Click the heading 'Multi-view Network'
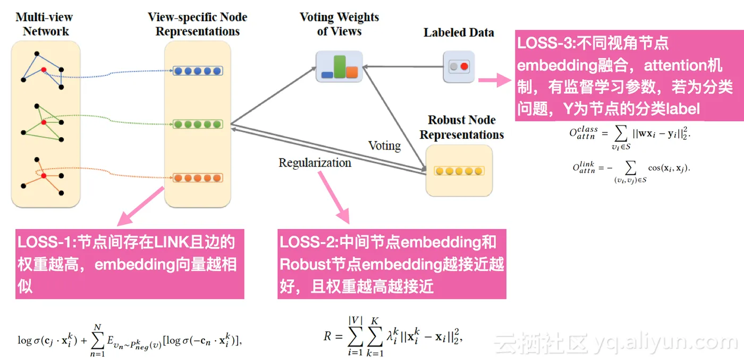pyautogui.click(x=46, y=24)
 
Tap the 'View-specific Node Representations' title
pyautogui.click(x=197, y=24)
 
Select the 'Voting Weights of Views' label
pyautogui.click(x=339, y=24)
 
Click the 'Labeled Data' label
pyautogui.click(x=459, y=33)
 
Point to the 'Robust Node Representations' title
pyautogui.click(x=461, y=127)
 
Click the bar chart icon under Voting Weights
pyautogui.click(x=339, y=66)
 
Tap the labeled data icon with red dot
pyautogui.click(x=459, y=67)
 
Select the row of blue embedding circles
pyautogui.click(x=198, y=71)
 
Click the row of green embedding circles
pyautogui.click(x=198, y=124)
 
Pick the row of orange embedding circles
pyautogui.click(x=198, y=178)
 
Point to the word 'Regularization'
pyautogui.click(x=315, y=163)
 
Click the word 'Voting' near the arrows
pyautogui.click(x=384, y=145)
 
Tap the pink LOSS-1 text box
pyautogui.click(x=130, y=264)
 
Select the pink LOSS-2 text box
pyautogui.click(x=392, y=264)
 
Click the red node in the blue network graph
pyautogui.click(x=44, y=70)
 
